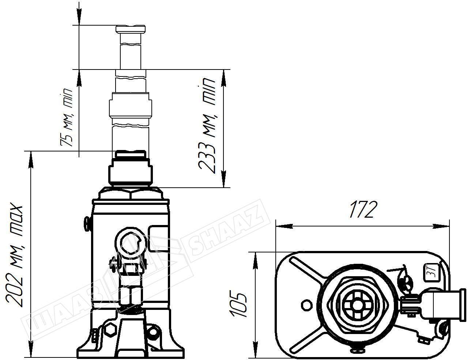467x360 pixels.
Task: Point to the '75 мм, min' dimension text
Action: [x=66, y=117]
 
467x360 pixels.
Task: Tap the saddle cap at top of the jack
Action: [x=131, y=29]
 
